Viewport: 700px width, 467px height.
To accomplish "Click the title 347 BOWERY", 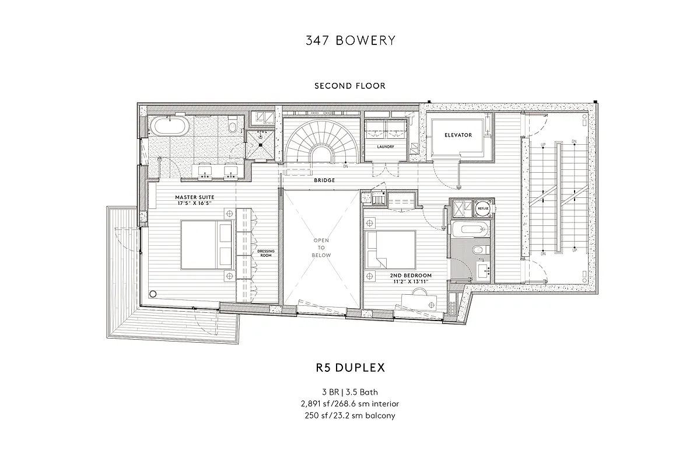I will pos(350,40).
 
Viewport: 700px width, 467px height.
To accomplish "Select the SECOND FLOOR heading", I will pos(350,86).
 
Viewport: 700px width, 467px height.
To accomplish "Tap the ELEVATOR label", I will pos(458,135).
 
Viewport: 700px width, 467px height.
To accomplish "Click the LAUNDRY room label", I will pos(385,147).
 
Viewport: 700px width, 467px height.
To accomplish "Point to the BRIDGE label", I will pos(324,180).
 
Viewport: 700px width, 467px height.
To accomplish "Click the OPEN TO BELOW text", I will pos(321,248).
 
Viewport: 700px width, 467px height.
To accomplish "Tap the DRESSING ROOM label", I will pos(265,253).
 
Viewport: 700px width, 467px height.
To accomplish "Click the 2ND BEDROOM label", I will pos(411,275).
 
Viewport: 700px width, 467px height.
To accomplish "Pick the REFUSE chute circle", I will pos(483,207).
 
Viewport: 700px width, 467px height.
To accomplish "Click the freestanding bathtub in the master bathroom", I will pos(169,126).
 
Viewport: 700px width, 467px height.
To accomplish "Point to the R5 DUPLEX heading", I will pos(350,368).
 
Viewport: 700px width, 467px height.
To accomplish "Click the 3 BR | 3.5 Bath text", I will pos(350,392).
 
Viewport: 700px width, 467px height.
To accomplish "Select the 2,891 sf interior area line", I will pos(350,404).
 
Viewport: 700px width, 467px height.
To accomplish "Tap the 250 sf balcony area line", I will pos(350,416).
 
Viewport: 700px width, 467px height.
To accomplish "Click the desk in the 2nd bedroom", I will pos(419,301).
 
